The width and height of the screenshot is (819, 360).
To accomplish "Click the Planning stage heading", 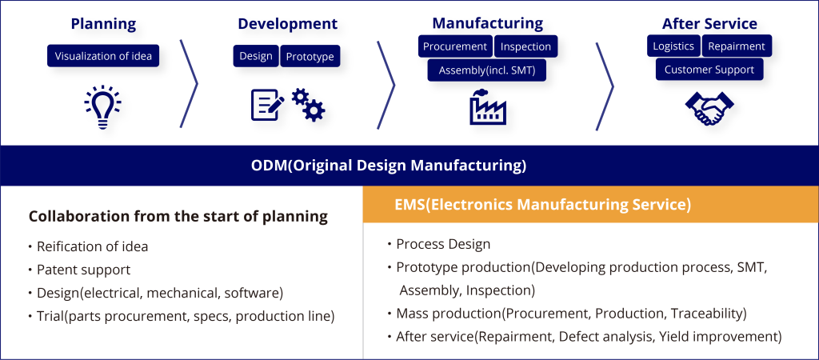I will coord(102,23).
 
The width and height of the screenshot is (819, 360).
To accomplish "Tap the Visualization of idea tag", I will coord(102,56).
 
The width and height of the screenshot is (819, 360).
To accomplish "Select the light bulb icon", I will coord(102,107).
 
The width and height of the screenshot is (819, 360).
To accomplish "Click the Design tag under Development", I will coord(256,56).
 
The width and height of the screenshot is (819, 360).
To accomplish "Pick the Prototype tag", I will coord(310,56).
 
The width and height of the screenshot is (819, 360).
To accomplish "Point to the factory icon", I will coord(488,107).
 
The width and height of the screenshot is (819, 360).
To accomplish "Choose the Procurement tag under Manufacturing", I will coord(454,46).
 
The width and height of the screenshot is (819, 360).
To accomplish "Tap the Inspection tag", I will coord(525,46).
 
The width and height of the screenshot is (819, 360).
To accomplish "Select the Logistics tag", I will coord(673,46).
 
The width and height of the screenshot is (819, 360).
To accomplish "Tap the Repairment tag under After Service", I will coord(737,46).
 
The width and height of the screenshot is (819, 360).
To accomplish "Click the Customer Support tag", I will coord(709,70).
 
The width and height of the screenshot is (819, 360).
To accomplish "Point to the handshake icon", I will coord(709,108).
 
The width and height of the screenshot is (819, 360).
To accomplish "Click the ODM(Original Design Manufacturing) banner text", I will coord(389,166).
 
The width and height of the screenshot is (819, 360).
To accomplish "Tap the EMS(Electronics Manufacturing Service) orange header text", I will coord(542,204).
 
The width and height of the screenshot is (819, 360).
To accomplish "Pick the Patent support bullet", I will coord(83,270).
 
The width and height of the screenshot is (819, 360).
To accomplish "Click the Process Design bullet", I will coord(443,244).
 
